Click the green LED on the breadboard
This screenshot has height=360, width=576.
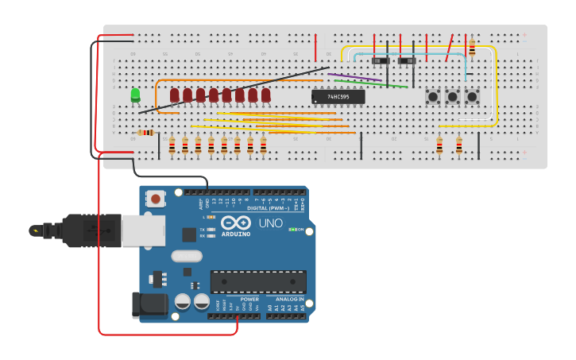135,95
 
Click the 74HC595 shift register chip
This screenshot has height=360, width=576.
338,96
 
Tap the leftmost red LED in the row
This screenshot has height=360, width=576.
175,95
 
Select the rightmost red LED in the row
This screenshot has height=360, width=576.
266,95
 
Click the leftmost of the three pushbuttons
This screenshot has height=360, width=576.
434,96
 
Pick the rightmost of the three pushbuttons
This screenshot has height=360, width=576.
472,96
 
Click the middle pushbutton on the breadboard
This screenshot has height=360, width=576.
453,96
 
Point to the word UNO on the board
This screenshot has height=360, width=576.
270,223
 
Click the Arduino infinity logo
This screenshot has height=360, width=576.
236,223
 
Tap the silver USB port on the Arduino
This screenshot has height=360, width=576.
143,230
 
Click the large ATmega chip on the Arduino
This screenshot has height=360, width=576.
258,281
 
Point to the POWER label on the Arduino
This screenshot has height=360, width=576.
249,300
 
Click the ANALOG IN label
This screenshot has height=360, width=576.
290,300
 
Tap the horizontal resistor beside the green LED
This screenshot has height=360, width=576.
145,133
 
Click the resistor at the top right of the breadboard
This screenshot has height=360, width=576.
472,48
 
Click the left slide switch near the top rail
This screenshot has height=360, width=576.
381,60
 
